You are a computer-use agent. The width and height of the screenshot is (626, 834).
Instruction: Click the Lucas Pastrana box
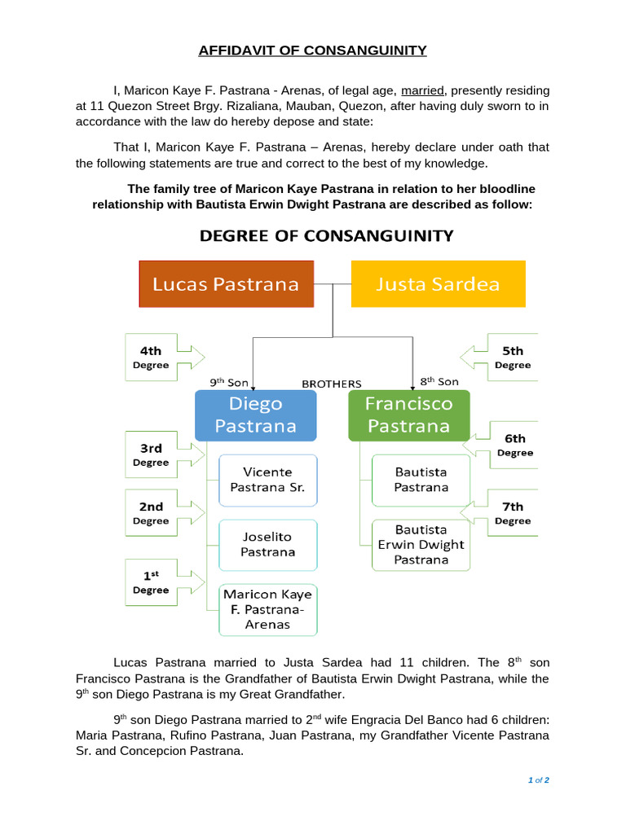coord(227,284)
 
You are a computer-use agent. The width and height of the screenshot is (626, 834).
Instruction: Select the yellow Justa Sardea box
coord(438,284)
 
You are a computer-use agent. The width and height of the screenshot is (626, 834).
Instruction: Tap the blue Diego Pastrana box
coord(256,415)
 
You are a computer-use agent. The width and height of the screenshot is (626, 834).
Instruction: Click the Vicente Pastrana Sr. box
coord(267,479)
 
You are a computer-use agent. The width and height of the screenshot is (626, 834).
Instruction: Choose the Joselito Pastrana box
coord(267,544)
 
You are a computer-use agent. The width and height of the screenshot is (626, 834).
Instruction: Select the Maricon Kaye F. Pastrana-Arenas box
coord(267,609)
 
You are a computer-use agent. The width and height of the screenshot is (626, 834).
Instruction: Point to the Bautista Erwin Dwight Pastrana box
coord(421,545)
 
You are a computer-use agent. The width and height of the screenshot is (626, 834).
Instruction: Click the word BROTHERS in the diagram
coord(331,384)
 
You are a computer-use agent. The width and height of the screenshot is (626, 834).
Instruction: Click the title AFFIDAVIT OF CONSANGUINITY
coord(313,50)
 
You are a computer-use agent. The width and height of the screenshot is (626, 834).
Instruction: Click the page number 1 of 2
coord(539,780)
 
